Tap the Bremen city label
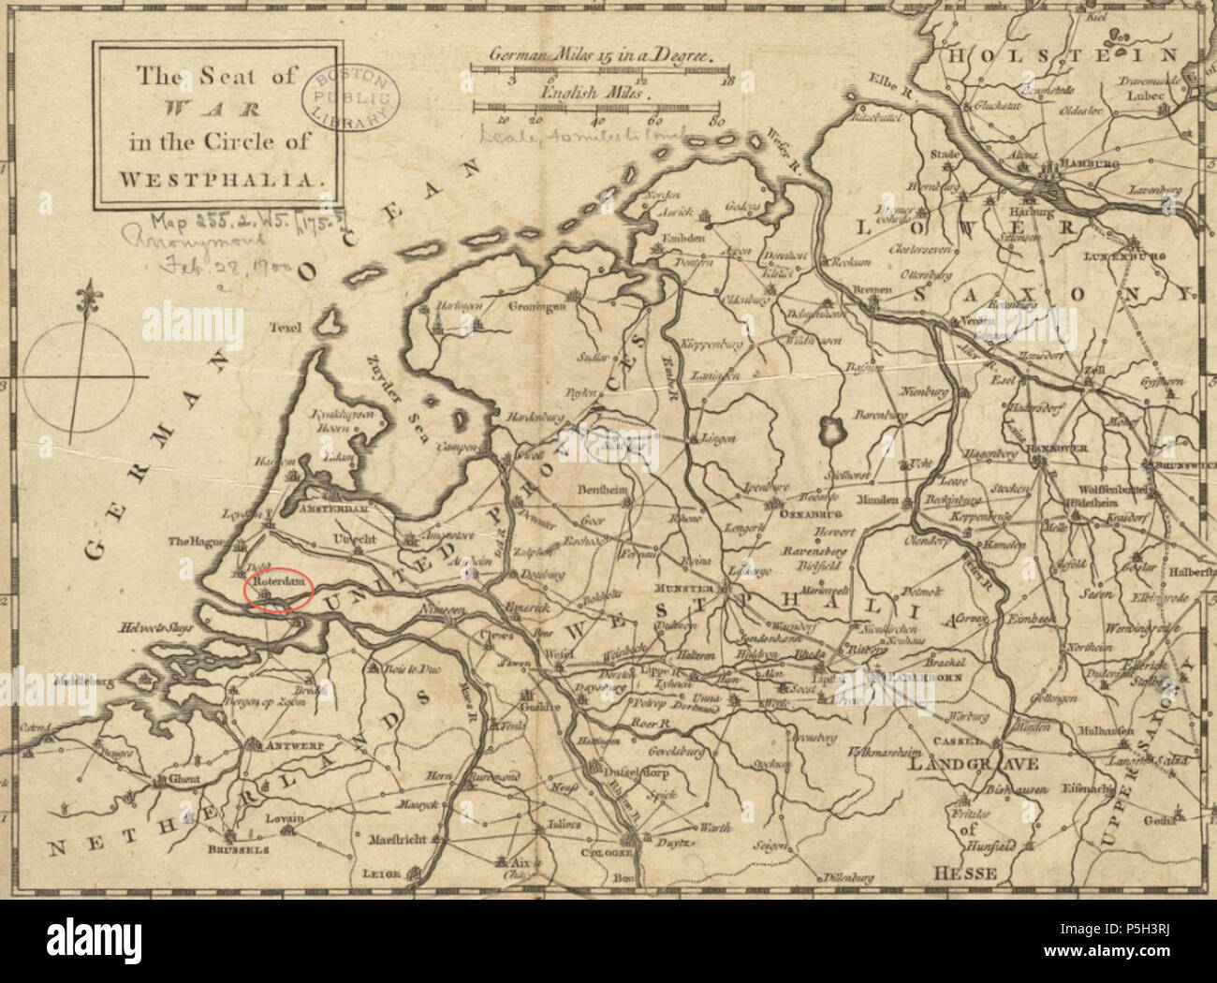(x=872, y=290)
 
